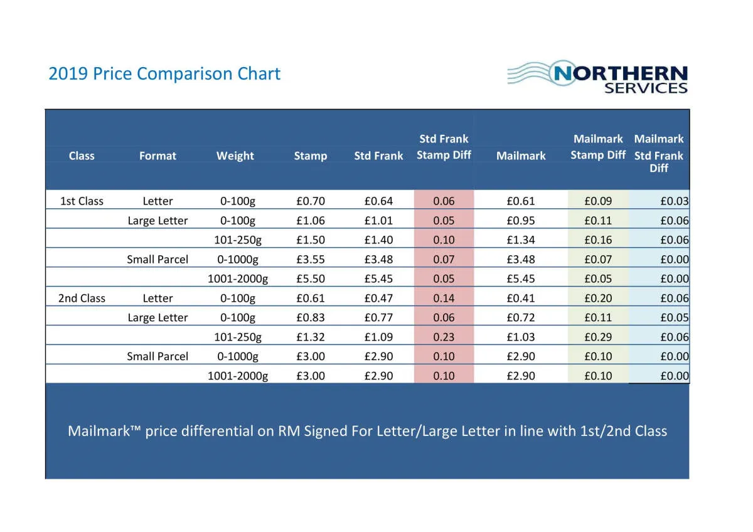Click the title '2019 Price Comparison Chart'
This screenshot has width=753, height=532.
click(x=164, y=74)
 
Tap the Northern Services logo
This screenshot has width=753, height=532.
click(x=597, y=77)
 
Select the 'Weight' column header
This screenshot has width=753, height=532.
click(x=235, y=156)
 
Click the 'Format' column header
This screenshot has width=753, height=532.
click(x=158, y=156)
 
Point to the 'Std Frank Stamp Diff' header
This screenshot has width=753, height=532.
click(x=444, y=147)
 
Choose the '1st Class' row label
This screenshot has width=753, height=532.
click(x=82, y=201)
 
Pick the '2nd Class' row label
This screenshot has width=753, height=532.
click(x=82, y=299)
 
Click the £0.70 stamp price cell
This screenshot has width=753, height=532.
click(x=311, y=201)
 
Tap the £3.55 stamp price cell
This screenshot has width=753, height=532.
click(x=311, y=260)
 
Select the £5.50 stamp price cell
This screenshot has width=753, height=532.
click(x=311, y=279)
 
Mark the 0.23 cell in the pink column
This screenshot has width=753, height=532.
click(x=444, y=338)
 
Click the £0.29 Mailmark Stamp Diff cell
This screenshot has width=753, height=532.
click(x=597, y=338)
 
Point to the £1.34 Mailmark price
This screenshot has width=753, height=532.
click(x=521, y=240)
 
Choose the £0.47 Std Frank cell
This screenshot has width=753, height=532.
click(x=378, y=299)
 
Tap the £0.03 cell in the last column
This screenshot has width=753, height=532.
click(x=675, y=201)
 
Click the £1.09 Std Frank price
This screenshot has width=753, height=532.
click(x=378, y=338)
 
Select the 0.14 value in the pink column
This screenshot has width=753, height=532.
click(x=444, y=299)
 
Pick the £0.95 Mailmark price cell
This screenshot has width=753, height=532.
click(x=521, y=221)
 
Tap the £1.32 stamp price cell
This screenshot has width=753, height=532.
click(x=311, y=338)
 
